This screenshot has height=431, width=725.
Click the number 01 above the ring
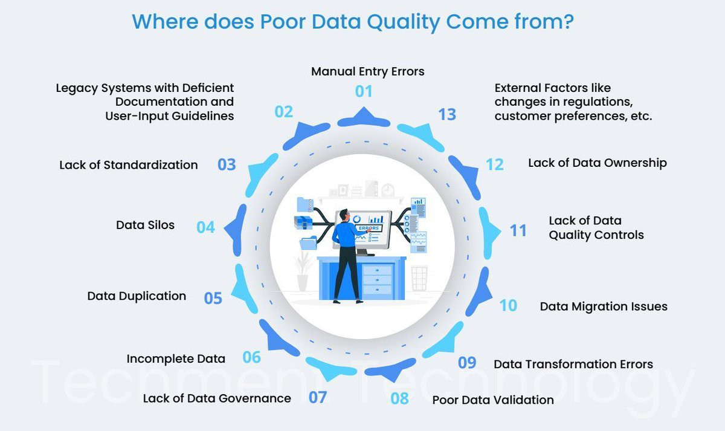tap(364, 91)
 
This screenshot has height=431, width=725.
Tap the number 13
tap(447, 114)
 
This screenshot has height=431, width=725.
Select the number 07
tap(318, 397)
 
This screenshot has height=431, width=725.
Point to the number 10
tap(508, 305)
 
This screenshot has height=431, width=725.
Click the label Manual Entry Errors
tap(368, 71)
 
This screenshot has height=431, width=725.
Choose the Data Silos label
tap(146, 225)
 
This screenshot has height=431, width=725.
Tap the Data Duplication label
tap(137, 296)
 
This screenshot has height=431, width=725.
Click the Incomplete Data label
tap(176, 359)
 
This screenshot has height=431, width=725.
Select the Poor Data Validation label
tap(493, 400)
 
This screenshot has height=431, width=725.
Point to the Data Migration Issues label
tap(604, 306)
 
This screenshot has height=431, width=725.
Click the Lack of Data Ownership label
tap(598, 163)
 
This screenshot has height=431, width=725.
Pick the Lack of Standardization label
tap(129, 165)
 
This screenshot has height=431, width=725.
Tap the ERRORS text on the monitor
tap(369, 228)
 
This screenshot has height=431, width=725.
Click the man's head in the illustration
tap(344, 215)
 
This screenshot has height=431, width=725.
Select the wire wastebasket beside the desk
tap(419, 279)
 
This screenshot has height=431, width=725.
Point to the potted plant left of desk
tap(302, 271)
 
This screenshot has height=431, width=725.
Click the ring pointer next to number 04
tap(236, 230)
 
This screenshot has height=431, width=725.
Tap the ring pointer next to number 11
tap(489, 233)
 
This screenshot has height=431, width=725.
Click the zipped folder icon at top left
tap(305, 204)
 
